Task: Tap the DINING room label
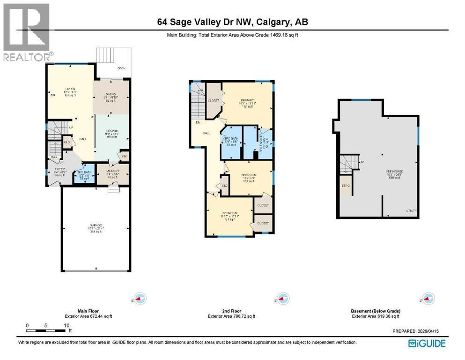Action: (x=111, y=93)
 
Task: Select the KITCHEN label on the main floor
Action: (x=111, y=131)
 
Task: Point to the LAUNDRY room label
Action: (x=112, y=171)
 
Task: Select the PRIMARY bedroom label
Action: (x=247, y=100)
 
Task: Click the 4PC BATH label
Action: (x=230, y=138)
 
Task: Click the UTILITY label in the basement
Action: (x=412, y=211)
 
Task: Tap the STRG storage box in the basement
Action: (x=345, y=186)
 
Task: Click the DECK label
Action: (x=121, y=68)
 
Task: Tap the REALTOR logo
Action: (x=26, y=31)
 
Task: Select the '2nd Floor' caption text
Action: (x=231, y=311)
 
